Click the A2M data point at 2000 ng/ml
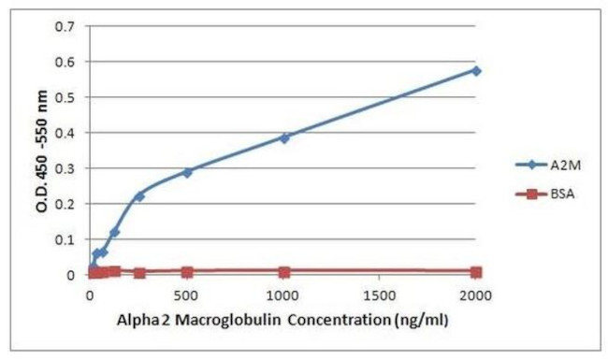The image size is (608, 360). click(x=476, y=70)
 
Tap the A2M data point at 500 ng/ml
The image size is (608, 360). click(x=187, y=172)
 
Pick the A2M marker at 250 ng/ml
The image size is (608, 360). click(x=139, y=195)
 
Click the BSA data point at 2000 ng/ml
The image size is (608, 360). click(x=476, y=272)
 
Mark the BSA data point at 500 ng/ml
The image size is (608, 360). click(x=187, y=272)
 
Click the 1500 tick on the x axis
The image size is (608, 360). click(x=380, y=295)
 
